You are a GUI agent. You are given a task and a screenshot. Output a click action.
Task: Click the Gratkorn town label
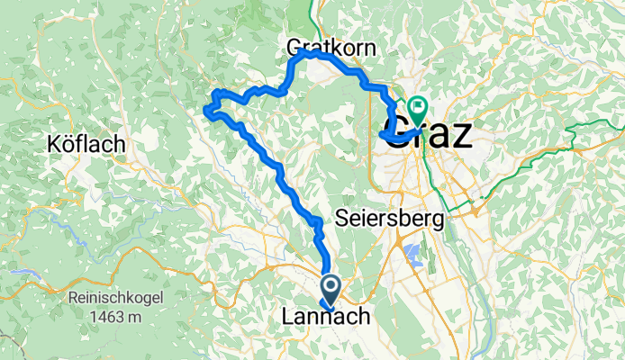pos(331,47)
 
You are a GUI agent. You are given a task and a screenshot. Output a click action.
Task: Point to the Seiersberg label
pos(388,218)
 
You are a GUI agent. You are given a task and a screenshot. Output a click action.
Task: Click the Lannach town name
pos(321,317)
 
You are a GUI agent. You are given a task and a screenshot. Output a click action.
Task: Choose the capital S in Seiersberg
pos(341,218)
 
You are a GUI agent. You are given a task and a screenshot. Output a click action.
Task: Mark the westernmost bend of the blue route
pos(206,112)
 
